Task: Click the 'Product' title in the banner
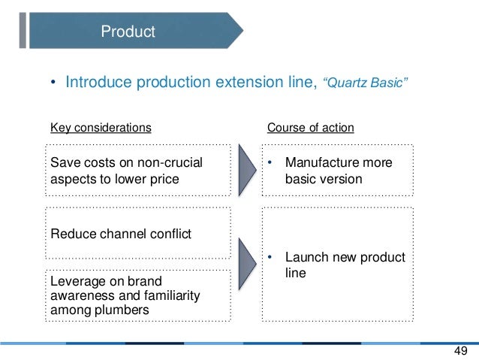[128, 32]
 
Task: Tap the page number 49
[460, 351]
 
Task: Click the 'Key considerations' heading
[101, 128]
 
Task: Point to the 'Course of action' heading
[311, 128]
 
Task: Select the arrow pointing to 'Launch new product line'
[246, 265]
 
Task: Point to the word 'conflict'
[169, 234]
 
